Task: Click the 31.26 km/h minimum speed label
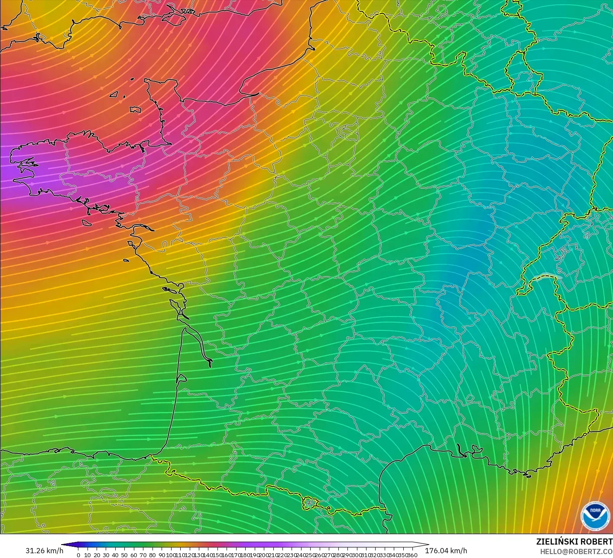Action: pyautogui.click(x=44, y=551)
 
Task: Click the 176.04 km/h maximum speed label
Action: pyautogui.click(x=446, y=551)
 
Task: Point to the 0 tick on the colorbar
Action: pyautogui.click(x=78, y=555)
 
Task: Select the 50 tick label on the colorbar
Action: pyautogui.click(x=124, y=555)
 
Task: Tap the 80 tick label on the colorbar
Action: pyautogui.click(x=152, y=555)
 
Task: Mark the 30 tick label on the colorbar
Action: pyautogui.click(x=106, y=555)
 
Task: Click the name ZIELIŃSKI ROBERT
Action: pyautogui.click(x=574, y=542)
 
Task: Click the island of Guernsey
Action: pyautogui.click(x=114, y=94)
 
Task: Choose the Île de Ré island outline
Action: pyautogui.click(x=169, y=290)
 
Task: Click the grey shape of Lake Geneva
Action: pyautogui.click(x=547, y=276)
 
